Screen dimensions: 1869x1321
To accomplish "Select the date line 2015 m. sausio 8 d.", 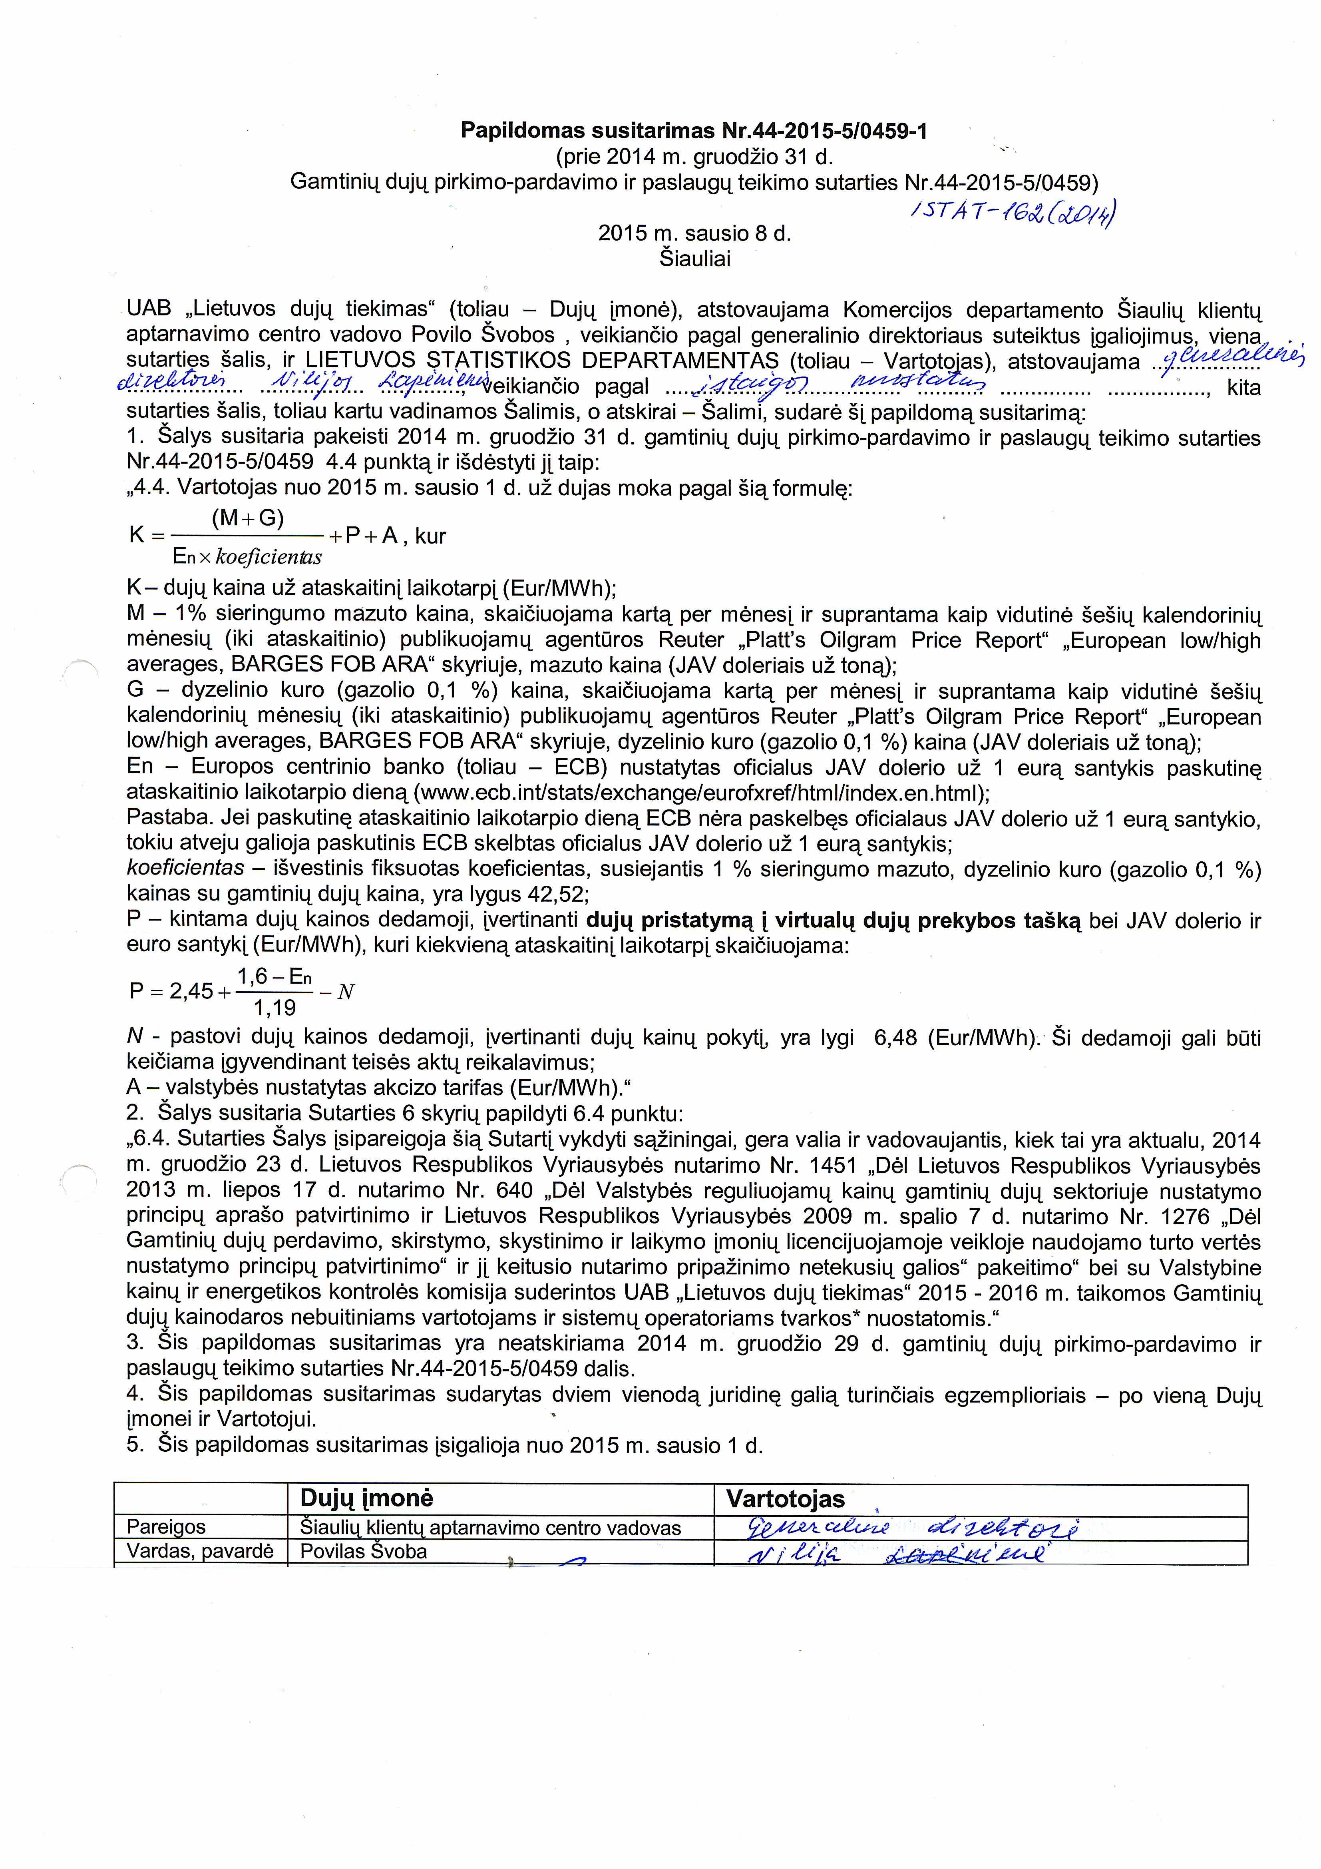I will click(694, 233).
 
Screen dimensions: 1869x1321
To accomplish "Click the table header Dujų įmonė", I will click(366, 1498).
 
